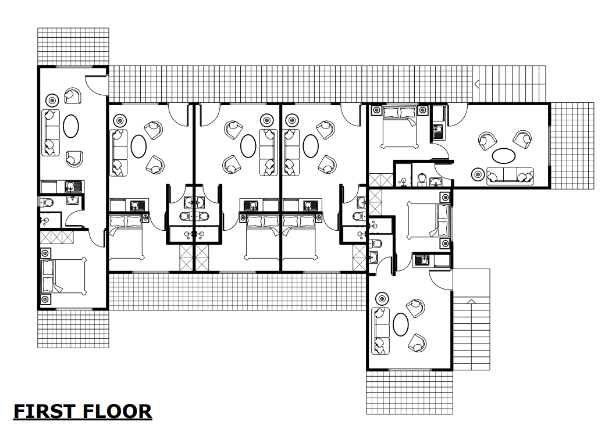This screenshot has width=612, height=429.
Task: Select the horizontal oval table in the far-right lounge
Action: point(503,156)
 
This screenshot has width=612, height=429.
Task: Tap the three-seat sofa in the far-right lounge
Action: point(510,176)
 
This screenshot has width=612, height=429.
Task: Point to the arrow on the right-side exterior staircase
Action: point(472,301)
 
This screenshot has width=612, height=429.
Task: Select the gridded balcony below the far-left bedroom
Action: point(73,328)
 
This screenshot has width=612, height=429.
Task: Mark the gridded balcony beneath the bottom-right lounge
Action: point(409,392)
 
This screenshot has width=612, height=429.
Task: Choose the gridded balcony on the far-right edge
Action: point(572,145)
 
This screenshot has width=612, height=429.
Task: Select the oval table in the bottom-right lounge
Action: point(401,324)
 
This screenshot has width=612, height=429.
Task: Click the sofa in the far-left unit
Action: point(51,133)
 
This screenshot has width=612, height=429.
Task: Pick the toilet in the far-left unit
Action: point(48,202)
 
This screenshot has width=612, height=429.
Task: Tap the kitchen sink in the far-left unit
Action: point(74,187)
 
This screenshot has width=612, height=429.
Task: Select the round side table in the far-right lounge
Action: point(478,173)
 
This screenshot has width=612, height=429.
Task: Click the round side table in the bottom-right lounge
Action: point(382,298)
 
